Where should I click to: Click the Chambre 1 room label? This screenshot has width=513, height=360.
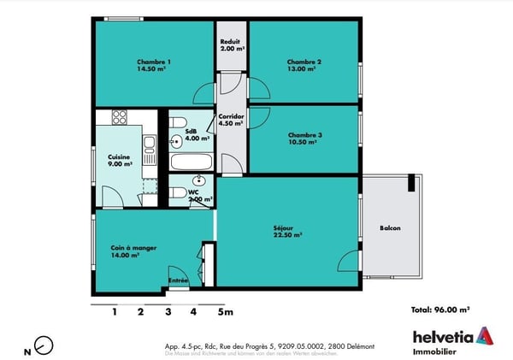[x=154, y=65]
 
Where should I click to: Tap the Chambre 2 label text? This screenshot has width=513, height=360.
[x=304, y=65]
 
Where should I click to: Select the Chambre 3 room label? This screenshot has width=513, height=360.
[x=304, y=139]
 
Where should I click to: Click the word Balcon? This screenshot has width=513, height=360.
[x=390, y=228]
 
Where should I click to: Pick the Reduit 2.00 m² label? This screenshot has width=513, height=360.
[x=231, y=45]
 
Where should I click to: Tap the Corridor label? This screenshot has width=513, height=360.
[x=231, y=119]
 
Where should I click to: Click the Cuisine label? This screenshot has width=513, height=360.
[x=119, y=160]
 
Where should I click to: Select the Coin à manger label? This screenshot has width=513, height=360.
[x=129, y=251]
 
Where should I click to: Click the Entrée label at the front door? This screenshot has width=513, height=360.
[x=178, y=280]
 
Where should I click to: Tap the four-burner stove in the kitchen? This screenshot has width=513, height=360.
[x=119, y=117]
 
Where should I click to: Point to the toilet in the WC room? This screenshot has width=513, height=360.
[x=176, y=192]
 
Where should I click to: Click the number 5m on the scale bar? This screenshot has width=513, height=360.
[x=224, y=312]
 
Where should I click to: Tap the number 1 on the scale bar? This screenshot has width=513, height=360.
[x=114, y=312]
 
